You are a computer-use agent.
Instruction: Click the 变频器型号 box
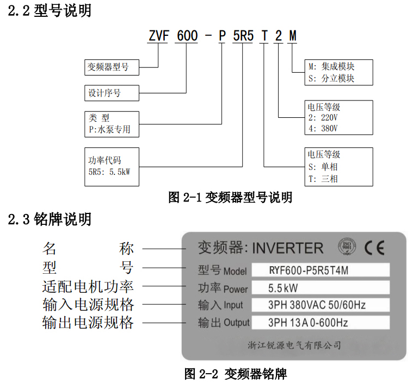112,67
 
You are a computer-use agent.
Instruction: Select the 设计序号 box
112,93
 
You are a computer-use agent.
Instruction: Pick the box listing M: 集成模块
332,72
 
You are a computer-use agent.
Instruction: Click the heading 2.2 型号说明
50,10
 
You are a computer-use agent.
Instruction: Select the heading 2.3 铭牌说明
50,219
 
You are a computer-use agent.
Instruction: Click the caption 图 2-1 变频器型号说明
230,197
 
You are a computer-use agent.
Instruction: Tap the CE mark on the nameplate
374,248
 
